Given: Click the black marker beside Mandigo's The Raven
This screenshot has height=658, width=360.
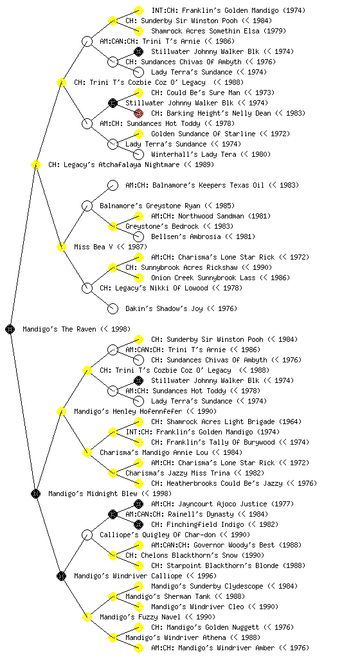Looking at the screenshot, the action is [10, 329].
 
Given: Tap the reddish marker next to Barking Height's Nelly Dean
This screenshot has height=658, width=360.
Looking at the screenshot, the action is [138, 113].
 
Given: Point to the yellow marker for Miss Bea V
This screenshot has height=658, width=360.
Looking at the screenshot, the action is [61, 247].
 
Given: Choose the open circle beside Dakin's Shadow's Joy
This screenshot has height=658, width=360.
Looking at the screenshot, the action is [113, 308].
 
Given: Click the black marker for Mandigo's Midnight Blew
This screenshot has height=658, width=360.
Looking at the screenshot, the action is [36, 493].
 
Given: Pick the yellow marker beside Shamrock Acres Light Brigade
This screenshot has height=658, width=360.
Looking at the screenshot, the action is [138, 422].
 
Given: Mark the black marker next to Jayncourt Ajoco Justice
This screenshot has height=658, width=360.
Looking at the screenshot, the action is [138, 504].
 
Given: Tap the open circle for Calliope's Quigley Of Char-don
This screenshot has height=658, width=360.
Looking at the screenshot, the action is [87, 535].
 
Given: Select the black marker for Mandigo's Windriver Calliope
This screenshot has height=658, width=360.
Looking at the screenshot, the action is [62, 576].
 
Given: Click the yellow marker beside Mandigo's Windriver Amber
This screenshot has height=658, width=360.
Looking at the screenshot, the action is [138, 648].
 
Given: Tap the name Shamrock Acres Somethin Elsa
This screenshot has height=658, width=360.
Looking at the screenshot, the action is [207, 31].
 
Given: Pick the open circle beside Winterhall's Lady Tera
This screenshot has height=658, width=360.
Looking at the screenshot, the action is [138, 154].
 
